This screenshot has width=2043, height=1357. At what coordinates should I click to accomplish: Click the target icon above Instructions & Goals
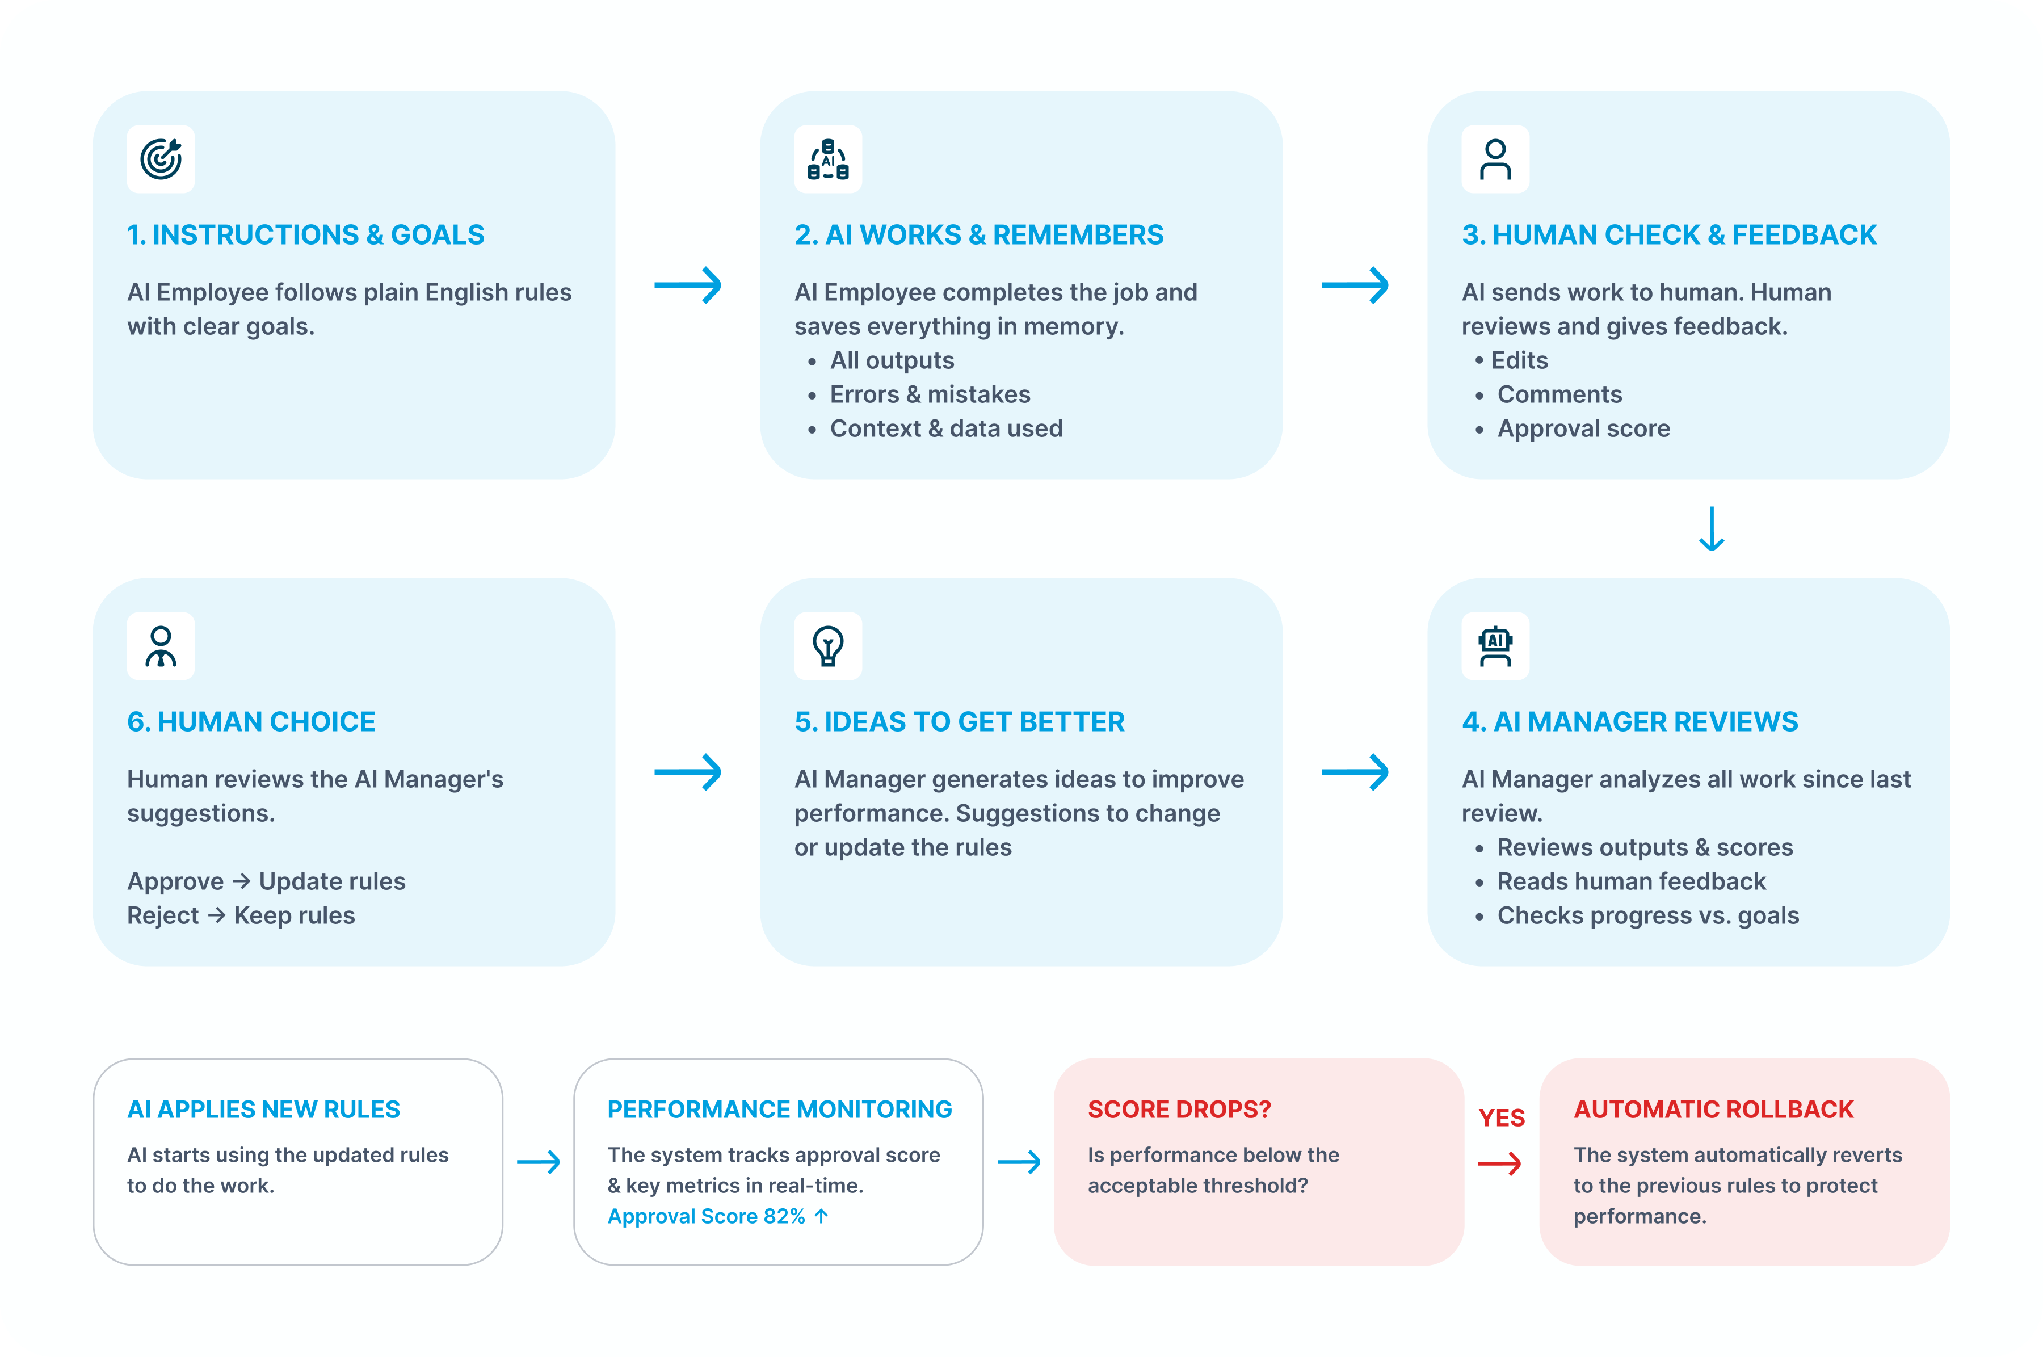pyautogui.click(x=161, y=159)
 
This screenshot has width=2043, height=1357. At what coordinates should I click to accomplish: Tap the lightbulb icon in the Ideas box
pyautogui.click(x=827, y=646)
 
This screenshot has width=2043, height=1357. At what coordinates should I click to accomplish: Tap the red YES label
pyautogui.click(x=1500, y=1117)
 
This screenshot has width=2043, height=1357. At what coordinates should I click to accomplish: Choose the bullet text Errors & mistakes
pyautogui.click(x=930, y=394)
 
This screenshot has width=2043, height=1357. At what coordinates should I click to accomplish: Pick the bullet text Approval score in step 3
pyautogui.click(x=1583, y=428)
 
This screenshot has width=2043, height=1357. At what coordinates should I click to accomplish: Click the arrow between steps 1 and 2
pyautogui.click(x=687, y=285)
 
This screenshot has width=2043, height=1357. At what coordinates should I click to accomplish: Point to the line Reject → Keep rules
pyautogui.click(x=241, y=915)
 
